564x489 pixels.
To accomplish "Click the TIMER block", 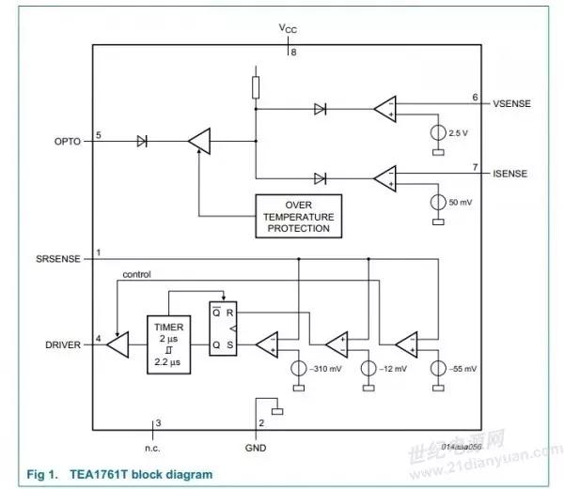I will point(170,344).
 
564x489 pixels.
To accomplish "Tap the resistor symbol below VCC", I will point(257,87).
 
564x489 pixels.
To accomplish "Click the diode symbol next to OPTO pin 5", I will point(142,142).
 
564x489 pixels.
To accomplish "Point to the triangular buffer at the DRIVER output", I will point(117,344).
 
